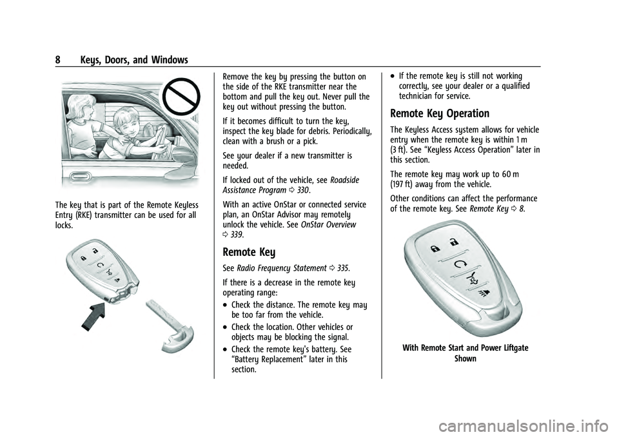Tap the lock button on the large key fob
(436, 247)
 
